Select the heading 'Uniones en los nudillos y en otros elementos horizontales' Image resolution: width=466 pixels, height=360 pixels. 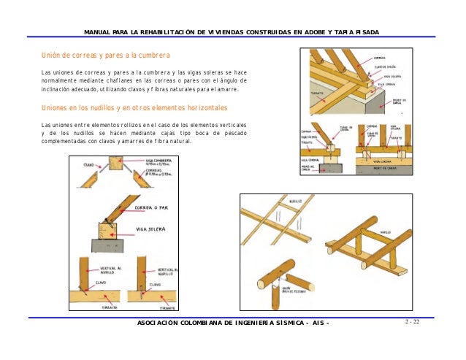pos(135,108)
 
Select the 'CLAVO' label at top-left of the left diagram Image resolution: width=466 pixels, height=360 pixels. pos(88,164)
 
